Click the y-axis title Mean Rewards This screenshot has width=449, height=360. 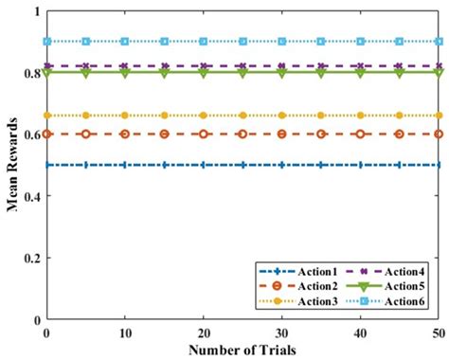12,166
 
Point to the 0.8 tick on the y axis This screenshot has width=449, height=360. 32,73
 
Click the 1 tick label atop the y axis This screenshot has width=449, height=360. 37,11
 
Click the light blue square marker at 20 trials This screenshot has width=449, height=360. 204,42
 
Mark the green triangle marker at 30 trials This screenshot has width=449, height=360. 281,73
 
